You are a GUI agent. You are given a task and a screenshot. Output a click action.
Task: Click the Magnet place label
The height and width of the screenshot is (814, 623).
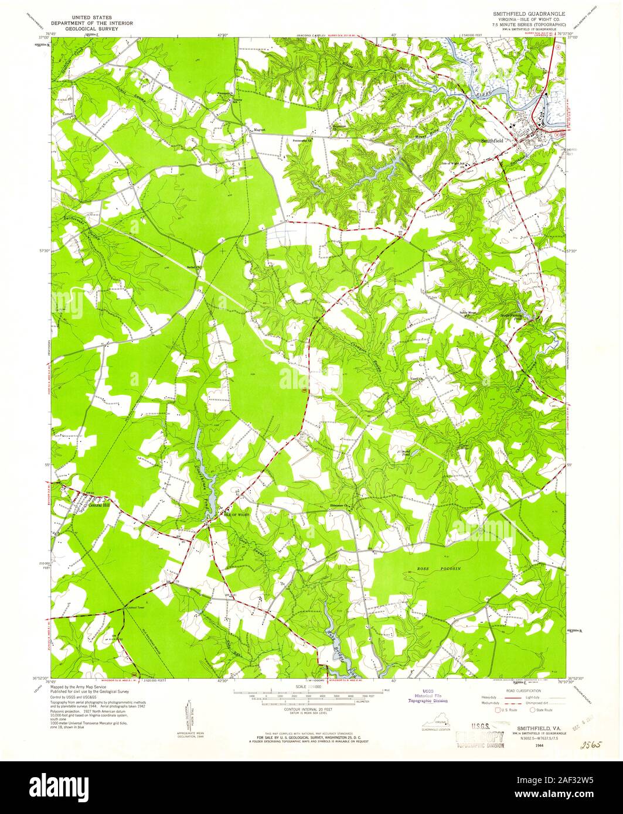point(260,130)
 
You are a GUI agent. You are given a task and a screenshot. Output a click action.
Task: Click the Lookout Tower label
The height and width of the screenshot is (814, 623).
point(135,607)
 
